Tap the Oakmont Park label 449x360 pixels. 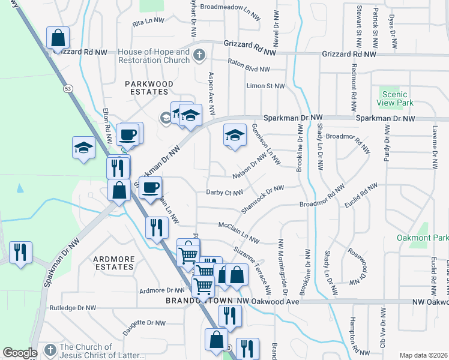421,238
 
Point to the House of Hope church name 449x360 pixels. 154,56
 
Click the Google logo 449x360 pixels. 20,352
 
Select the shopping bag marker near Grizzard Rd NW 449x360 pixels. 58,39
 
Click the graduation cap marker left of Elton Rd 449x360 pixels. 83,148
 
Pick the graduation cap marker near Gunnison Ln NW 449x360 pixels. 235,135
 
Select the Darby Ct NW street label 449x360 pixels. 224,193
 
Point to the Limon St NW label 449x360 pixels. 265,86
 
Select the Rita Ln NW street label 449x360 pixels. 148,20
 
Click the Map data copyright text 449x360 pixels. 423,355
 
